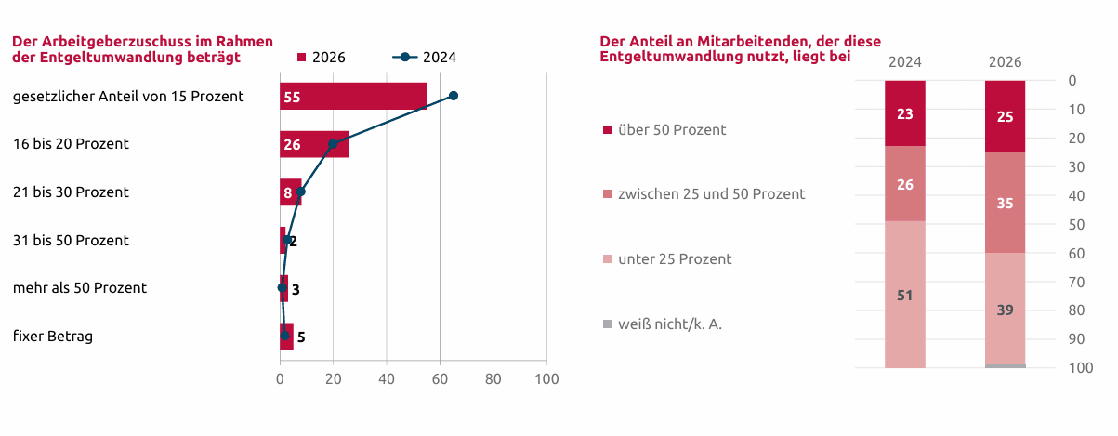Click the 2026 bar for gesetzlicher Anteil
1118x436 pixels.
(353, 96)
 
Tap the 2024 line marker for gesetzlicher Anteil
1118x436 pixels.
(454, 96)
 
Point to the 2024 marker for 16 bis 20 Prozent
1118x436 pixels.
(334, 144)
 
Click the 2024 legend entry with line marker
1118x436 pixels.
(425, 58)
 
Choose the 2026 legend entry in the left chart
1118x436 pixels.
(322, 58)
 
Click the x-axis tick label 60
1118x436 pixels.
(440, 379)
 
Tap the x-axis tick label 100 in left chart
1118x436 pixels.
(546, 379)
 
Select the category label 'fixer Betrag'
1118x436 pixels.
(53, 336)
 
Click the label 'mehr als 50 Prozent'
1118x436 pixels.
(80, 287)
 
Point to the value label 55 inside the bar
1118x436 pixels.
(292, 97)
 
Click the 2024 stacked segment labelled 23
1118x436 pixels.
(905, 113)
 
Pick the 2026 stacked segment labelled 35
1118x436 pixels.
(1005, 203)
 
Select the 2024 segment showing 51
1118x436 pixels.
(905, 295)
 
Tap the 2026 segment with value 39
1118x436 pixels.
(1005, 309)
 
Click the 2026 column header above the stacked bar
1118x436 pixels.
(1005, 62)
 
